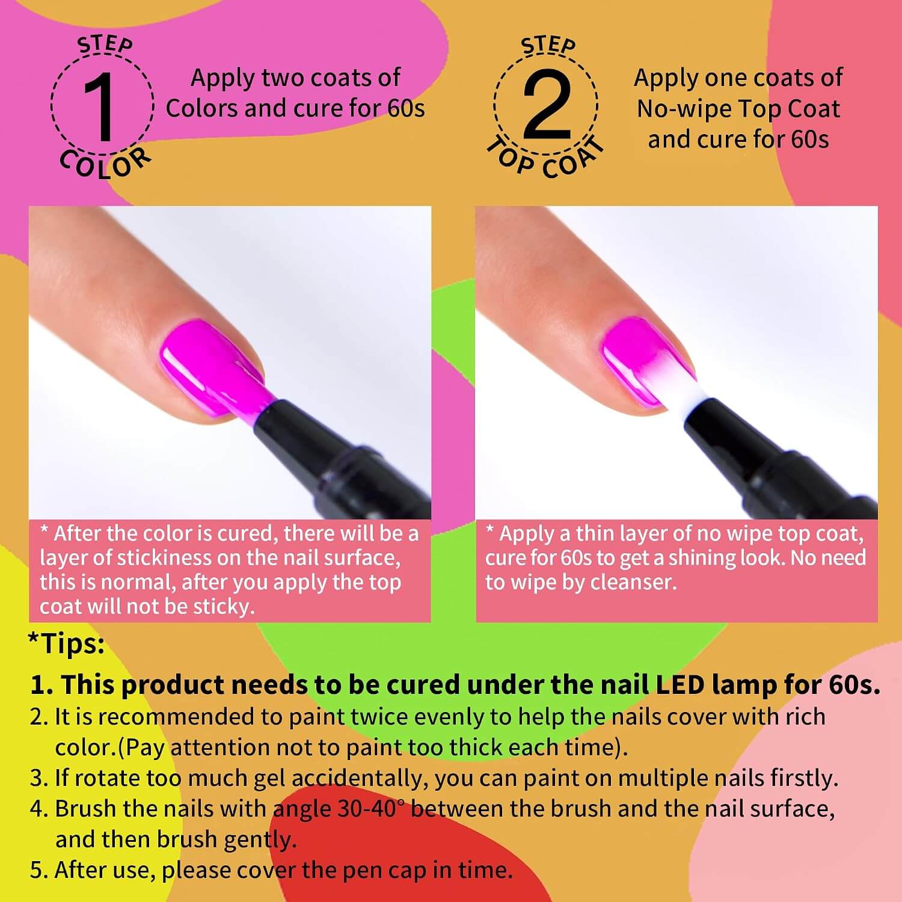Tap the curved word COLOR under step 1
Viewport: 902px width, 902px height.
[x=105, y=164]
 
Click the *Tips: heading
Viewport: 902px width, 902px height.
[x=66, y=644]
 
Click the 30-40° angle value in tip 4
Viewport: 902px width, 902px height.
[x=367, y=809]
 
